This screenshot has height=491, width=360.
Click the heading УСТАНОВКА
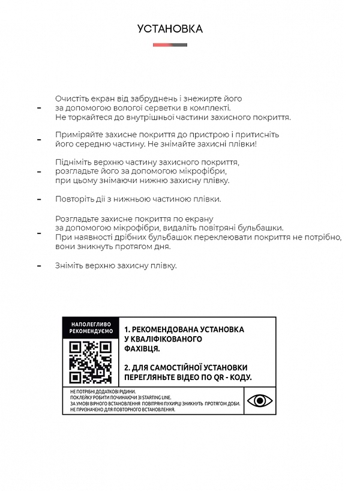click(x=170, y=28)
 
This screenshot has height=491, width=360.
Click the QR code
click(x=91, y=361)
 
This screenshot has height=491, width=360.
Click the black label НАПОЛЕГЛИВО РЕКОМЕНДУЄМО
click(x=91, y=327)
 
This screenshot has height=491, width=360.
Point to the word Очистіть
click(x=73, y=98)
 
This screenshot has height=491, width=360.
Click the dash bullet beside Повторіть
click(x=40, y=199)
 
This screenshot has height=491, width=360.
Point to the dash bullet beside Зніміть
click(x=40, y=265)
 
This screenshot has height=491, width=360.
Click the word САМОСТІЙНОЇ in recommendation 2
click(x=172, y=367)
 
